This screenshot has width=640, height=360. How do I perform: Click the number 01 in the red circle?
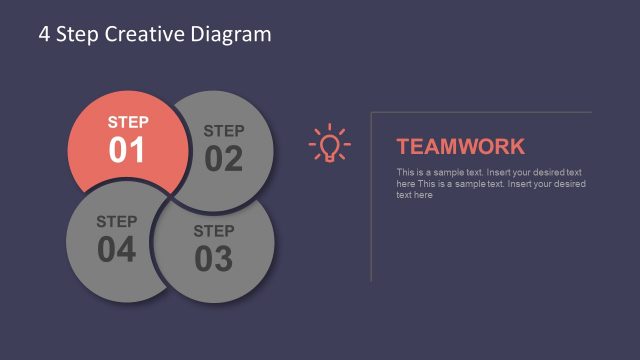127,150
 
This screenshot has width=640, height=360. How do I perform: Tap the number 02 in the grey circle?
223,158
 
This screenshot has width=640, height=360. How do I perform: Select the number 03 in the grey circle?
213,259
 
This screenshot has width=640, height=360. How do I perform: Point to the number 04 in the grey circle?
116,249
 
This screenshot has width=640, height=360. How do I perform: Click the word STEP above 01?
127,122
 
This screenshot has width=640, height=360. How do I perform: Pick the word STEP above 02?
223,130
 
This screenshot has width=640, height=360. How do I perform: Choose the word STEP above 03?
213,231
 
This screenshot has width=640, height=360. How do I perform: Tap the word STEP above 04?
116,221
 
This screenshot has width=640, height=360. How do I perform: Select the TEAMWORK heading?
460,146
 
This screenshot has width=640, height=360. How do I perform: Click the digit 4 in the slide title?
44,34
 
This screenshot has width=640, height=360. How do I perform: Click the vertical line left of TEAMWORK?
371,195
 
